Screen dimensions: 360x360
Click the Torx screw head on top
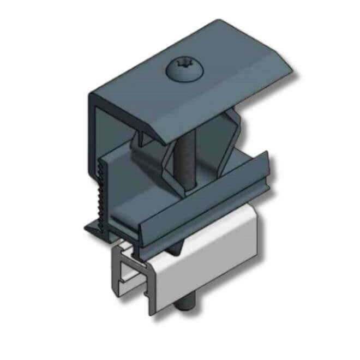tap(182, 70)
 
